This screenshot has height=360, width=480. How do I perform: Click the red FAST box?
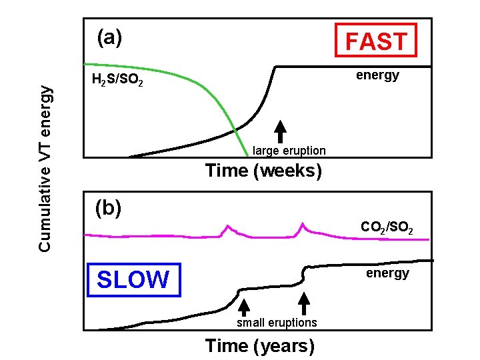(x=376, y=41)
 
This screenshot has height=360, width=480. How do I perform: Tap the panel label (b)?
(x=108, y=209)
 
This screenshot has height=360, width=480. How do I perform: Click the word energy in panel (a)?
(x=377, y=75)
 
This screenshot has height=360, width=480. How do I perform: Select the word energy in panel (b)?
(x=387, y=273)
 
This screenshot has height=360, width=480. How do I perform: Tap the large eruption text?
(x=289, y=151)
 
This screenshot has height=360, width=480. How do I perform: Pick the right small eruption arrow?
(x=304, y=304)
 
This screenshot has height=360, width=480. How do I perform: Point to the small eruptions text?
(x=277, y=323)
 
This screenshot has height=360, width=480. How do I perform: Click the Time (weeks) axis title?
(x=264, y=171)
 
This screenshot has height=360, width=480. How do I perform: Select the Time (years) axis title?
(x=260, y=345)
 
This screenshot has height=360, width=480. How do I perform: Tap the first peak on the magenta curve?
(x=227, y=227)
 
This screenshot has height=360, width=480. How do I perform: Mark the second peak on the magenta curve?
(x=303, y=223)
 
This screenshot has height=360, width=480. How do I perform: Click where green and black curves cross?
(x=235, y=127)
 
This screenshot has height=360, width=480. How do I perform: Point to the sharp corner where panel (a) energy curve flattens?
(x=277, y=66)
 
